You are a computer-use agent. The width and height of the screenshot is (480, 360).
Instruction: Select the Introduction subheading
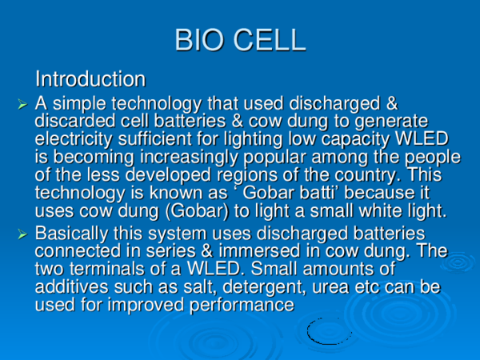pyautogui.click(x=90, y=79)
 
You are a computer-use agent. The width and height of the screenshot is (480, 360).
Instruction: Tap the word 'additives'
pyautogui.click(x=72, y=286)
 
